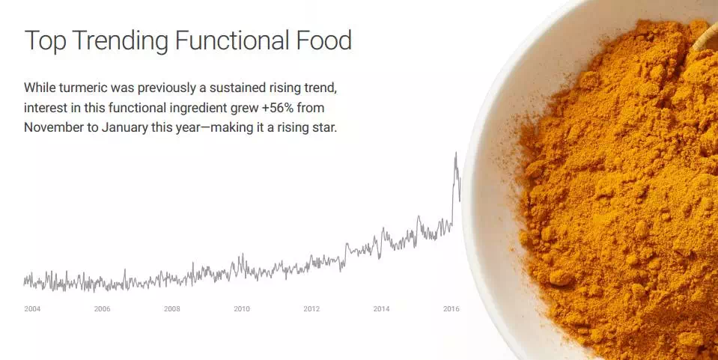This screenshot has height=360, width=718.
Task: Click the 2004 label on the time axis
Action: point(32,309)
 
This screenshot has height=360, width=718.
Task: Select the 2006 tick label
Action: point(102,309)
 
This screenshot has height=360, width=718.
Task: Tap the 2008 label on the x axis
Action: point(172,309)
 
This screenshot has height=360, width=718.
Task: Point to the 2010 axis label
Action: point(242,309)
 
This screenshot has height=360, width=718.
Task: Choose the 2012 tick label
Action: point(311,309)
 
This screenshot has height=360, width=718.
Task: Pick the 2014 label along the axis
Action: point(381,309)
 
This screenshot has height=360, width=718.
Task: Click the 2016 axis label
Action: point(451,309)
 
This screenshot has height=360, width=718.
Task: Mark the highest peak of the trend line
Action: point(456,153)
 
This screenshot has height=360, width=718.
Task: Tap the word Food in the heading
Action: point(323,40)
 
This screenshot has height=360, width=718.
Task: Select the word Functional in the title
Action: point(232,40)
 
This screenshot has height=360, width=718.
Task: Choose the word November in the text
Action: point(50,127)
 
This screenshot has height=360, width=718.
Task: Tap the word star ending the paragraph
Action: point(324,128)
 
